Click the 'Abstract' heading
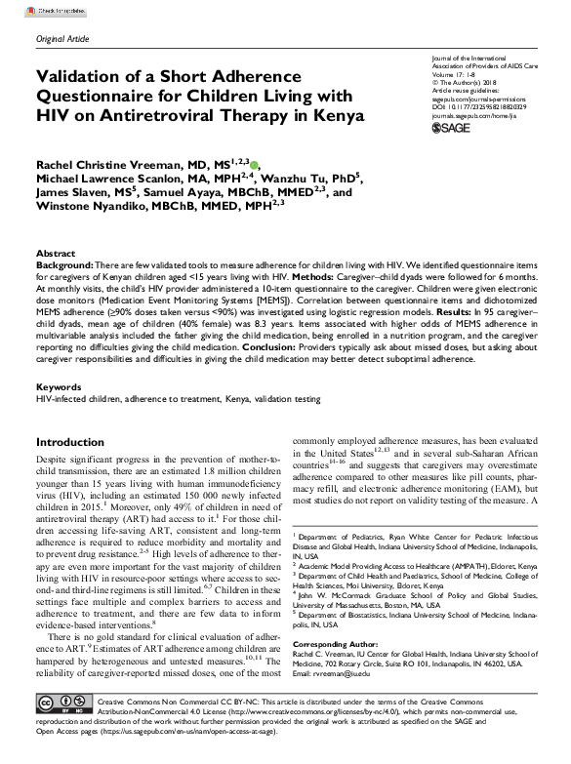55,253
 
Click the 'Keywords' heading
59,387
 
